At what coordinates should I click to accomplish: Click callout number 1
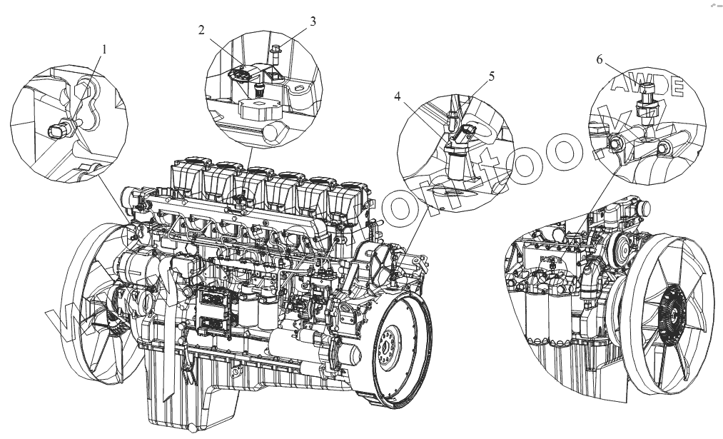104,50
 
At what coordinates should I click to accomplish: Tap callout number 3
313,21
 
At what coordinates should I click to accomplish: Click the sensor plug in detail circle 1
59,130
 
